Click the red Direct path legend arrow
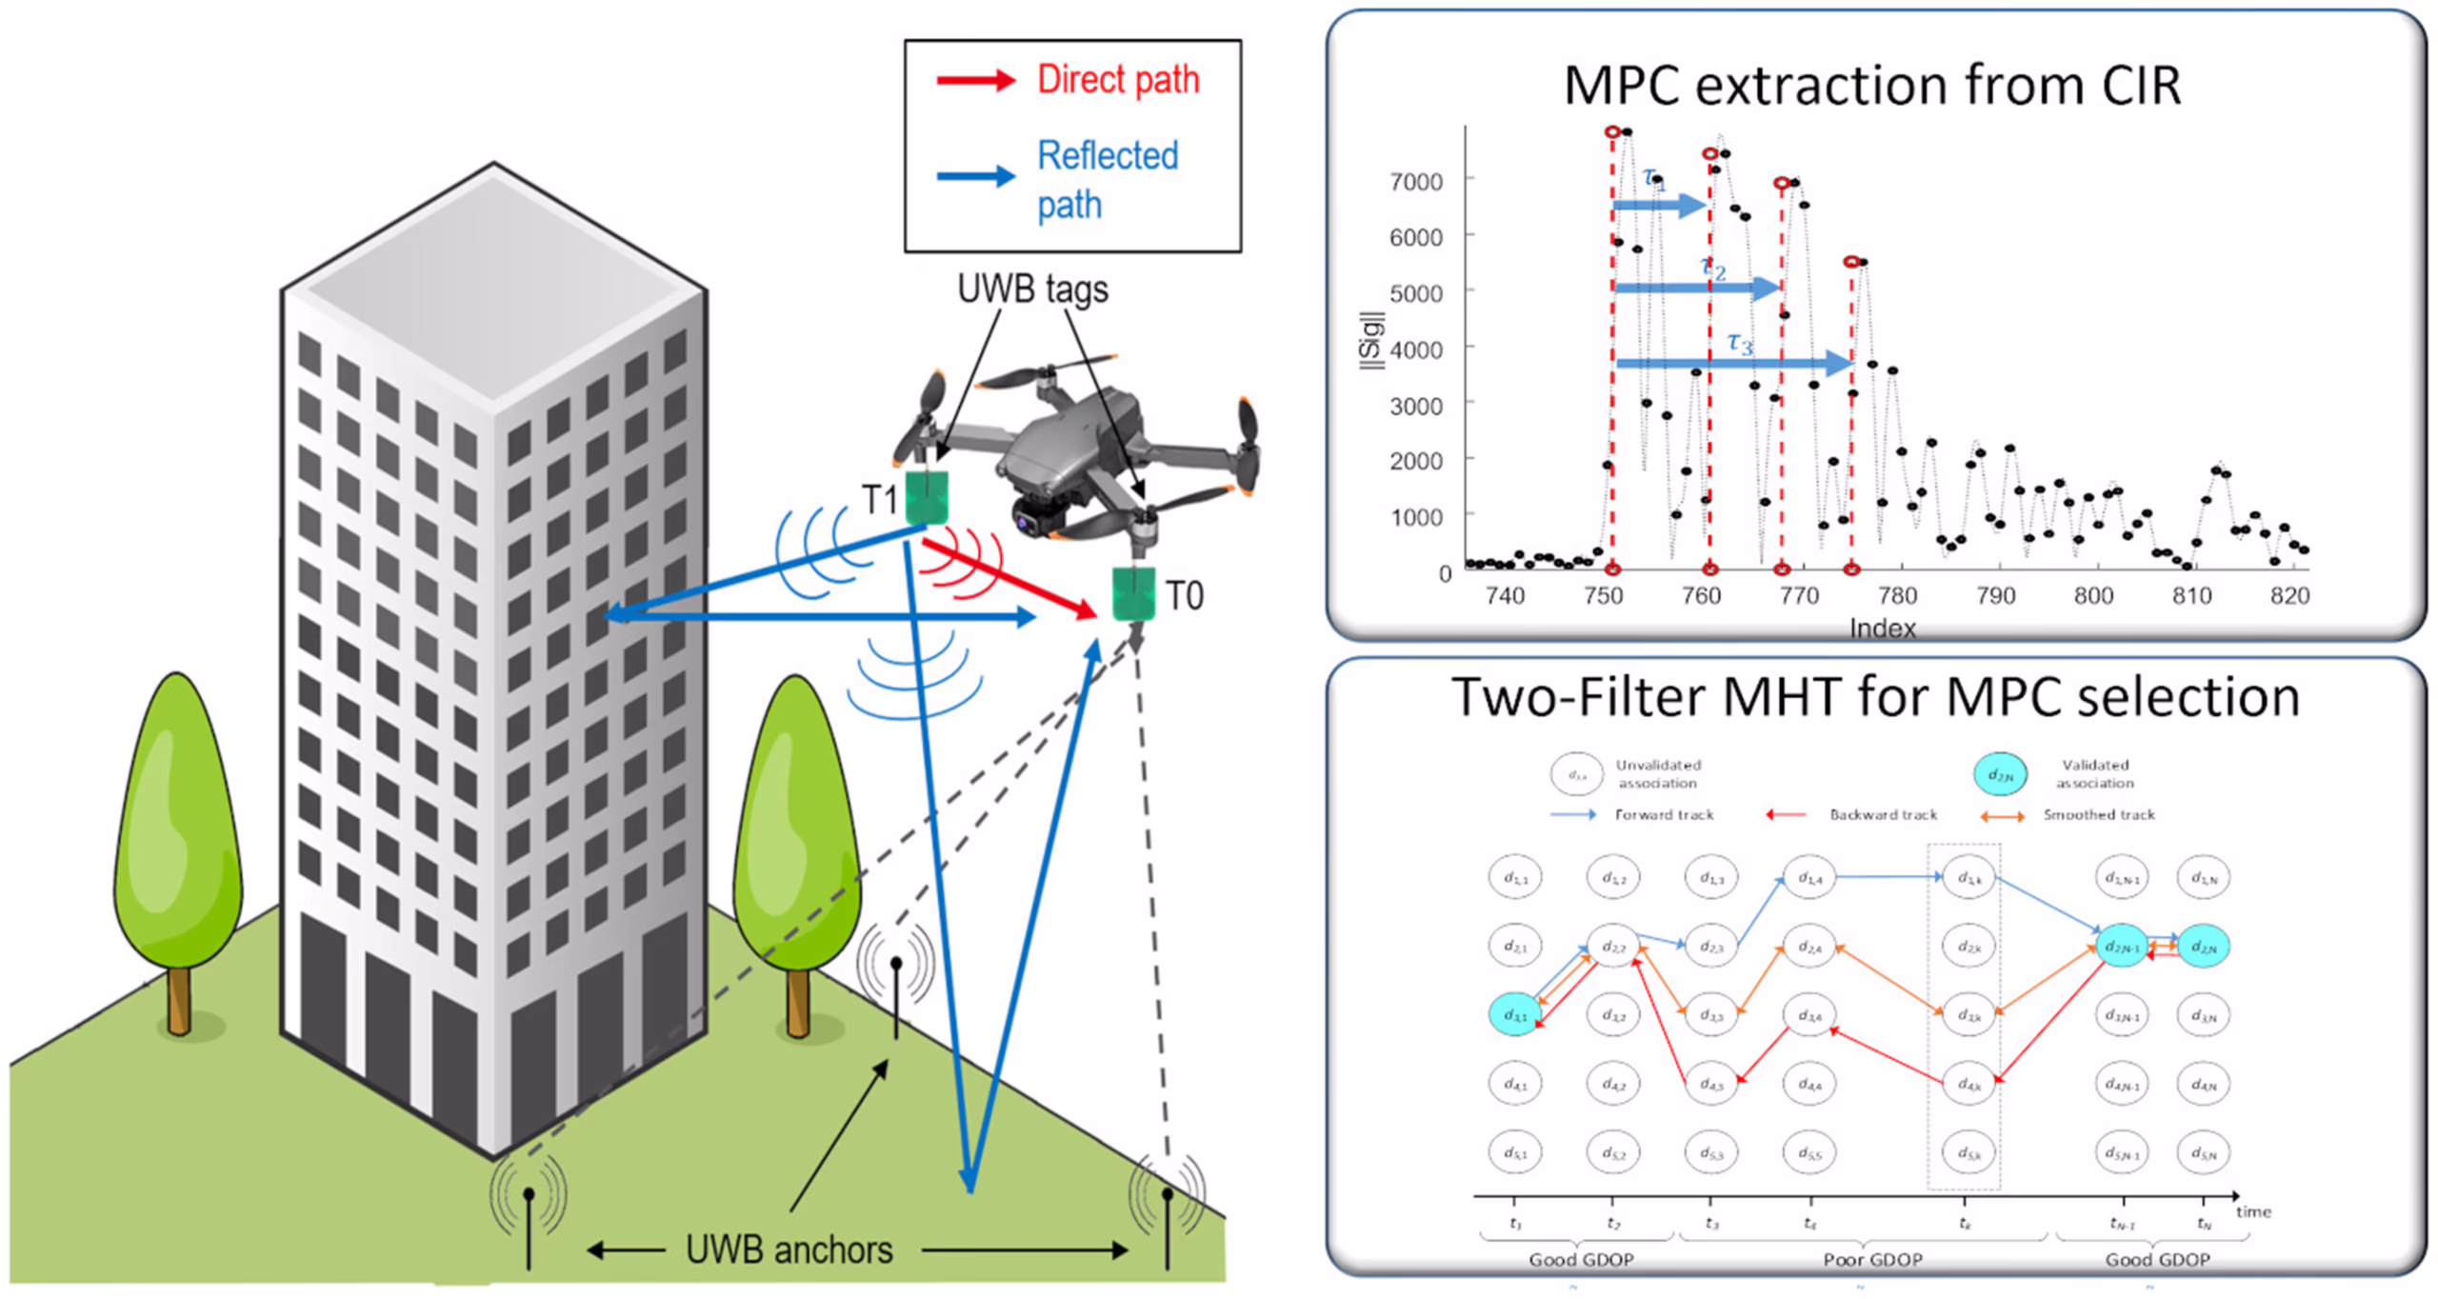[x=975, y=81]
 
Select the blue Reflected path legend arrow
[x=975, y=176]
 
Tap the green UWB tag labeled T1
[x=926, y=497]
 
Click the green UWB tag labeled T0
[x=1133, y=594]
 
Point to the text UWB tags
[x=1032, y=289]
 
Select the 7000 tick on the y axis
[x=1415, y=181]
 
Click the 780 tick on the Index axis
[x=1896, y=596]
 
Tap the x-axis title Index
[x=1882, y=628]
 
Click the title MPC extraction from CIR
[x=1871, y=86]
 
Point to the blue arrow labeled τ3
[x=1733, y=363]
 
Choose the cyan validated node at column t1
[x=1514, y=1015]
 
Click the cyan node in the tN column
[x=2203, y=947]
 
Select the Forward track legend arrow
[x=1572, y=814]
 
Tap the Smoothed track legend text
[x=2098, y=814]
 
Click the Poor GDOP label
[x=1872, y=1259]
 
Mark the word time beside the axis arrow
[x=2253, y=1211]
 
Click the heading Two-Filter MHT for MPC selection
[x=1874, y=697]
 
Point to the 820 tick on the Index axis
[x=2289, y=596]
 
